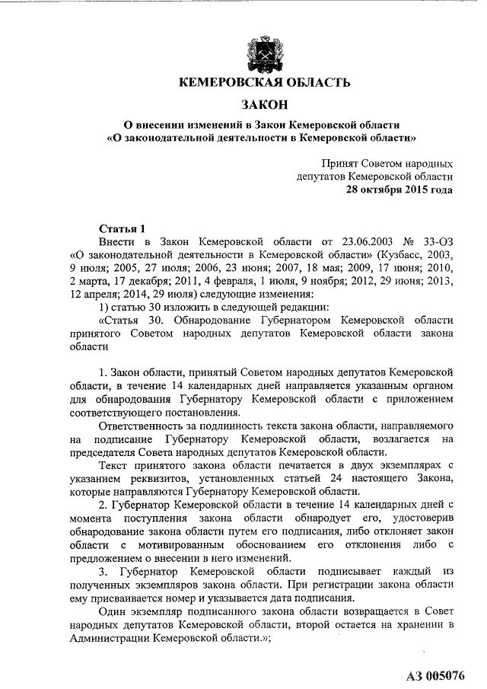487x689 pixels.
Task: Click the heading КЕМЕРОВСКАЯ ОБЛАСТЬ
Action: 264,82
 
